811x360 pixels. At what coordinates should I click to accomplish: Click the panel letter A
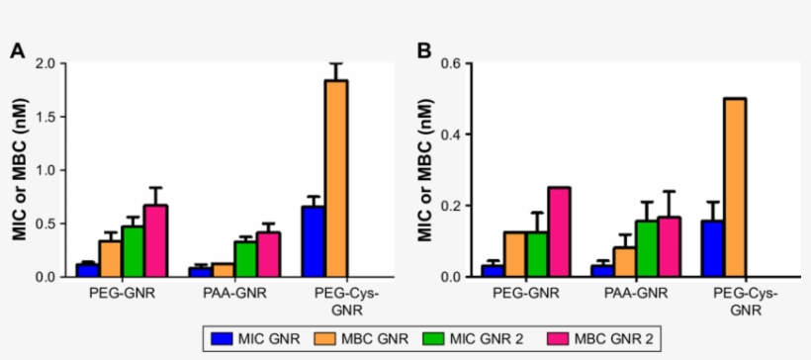click(17, 50)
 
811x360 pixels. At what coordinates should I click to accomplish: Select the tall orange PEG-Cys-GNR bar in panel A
click(336, 178)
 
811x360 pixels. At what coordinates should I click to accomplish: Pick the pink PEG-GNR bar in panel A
click(155, 240)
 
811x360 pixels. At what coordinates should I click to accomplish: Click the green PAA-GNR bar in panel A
click(245, 258)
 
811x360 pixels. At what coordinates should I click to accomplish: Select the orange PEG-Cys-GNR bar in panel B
click(735, 187)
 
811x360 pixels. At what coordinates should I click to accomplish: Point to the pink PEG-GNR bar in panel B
click(559, 231)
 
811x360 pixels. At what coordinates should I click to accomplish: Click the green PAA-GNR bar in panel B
click(645, 248)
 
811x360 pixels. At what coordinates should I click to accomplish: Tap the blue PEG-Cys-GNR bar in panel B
click(712, 248)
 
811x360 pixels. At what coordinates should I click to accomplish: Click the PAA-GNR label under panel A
click(234, 293)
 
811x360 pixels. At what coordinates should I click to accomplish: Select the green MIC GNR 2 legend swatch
click(427, 338)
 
